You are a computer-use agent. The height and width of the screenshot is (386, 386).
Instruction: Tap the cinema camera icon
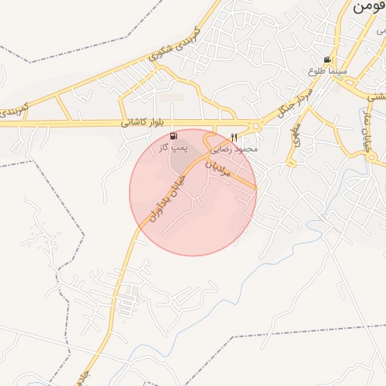coord(327,60)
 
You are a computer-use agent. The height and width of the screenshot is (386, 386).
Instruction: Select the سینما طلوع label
coord(327,71)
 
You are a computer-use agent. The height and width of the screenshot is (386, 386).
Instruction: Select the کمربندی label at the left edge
coord(15,109)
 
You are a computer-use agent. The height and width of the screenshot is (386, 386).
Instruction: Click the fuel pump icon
coord(175,136)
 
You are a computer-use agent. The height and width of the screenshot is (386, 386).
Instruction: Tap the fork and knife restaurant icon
coord(234,138)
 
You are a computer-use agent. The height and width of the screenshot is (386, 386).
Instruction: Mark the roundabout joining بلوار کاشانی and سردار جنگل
coord(256,126)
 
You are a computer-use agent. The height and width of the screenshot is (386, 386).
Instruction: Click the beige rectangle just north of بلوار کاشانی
coord(172,97)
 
